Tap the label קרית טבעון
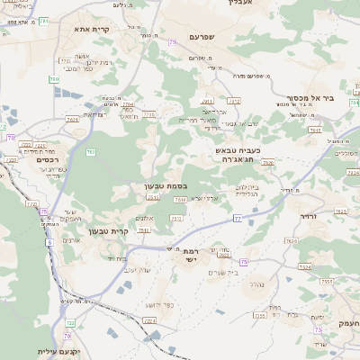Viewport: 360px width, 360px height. pyautogui.click(x=110, y=231)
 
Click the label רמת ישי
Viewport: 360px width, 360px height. pyautogui.click(x=191, y=256)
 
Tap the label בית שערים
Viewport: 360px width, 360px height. pyautogui.click(x=220, y=273)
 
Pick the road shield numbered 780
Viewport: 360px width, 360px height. pyautogui.click(x=54, y=79)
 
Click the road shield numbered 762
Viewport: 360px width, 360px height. pyautogui.click(x=90, y=151)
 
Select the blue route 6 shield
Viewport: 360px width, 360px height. pyautogui.click(x=50, y=241)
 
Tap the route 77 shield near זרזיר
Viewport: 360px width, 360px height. pyautogui.click(x=237, y=218)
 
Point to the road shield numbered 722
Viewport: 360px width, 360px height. pyautogui.click(x=68, y=321)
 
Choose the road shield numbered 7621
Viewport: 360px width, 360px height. pyautogui.click(x=154, y=196)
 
